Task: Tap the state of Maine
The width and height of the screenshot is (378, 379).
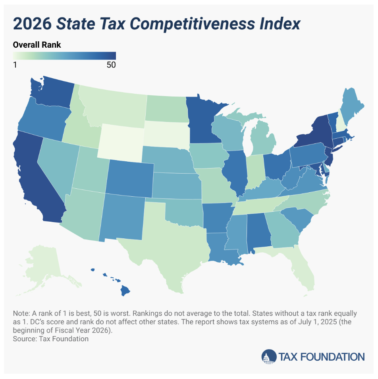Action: coord(349,107)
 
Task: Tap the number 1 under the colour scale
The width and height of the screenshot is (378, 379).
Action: coord(15,65)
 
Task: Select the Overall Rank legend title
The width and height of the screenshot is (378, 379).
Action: coord(37,45)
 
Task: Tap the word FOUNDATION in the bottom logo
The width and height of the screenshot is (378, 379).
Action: coord(333,357)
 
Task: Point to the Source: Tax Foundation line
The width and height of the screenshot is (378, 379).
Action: coord(51,339)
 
